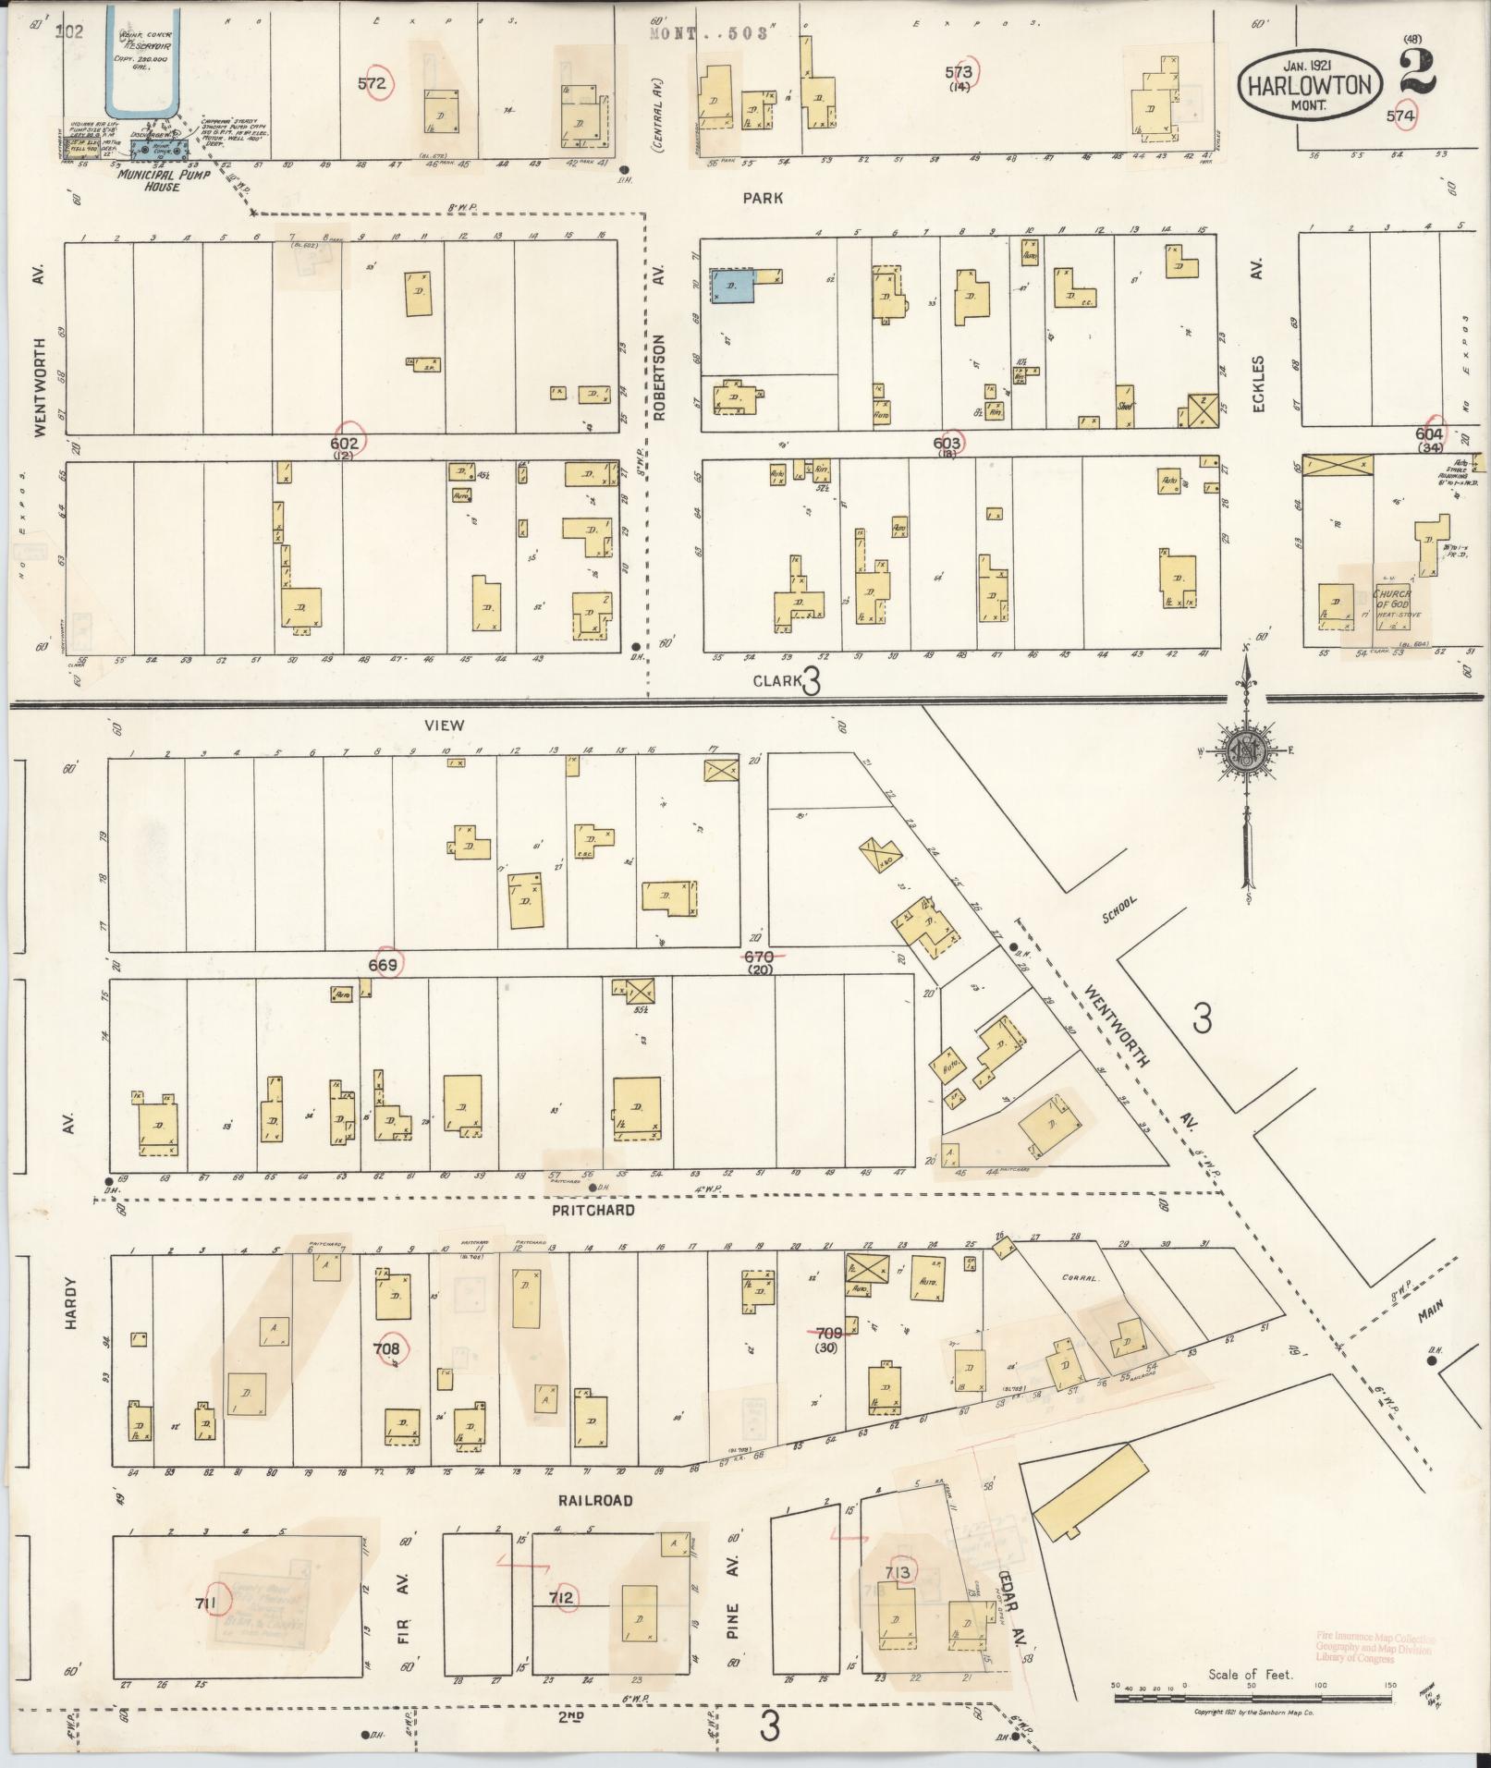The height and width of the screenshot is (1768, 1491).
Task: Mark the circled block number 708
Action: click(385, 1348)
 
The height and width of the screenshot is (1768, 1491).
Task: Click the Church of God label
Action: click(1390, 604)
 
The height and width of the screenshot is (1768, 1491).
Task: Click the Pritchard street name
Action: click(594, 1210)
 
